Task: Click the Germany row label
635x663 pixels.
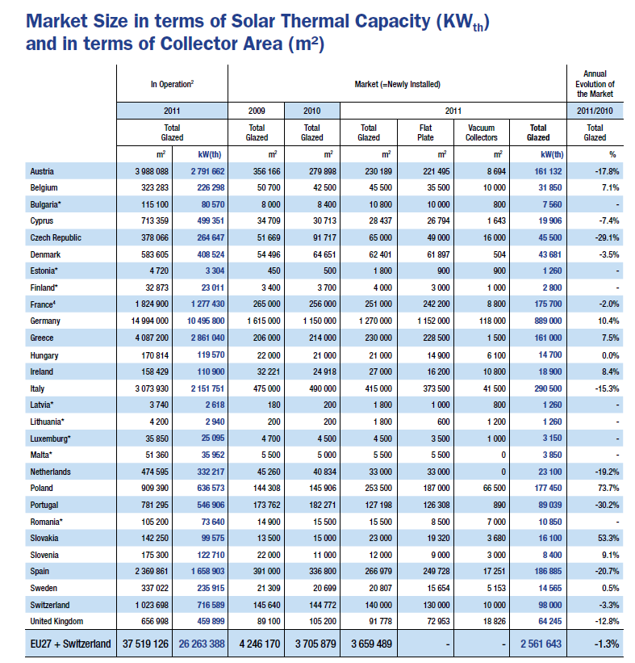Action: pos(45,321)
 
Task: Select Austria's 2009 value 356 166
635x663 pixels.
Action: pos(266,171)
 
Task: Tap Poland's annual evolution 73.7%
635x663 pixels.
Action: pos(608,488)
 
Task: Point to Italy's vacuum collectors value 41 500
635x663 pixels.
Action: pos(495,388)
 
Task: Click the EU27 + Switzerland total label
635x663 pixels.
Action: pos(70,644)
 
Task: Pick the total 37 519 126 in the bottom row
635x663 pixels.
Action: pos(145,644)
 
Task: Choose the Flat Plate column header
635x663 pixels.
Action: pos(425,132)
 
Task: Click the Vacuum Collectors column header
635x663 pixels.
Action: pos(481,132)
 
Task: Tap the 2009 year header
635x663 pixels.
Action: pos(257,111)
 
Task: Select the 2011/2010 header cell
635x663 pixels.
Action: pos(595,111)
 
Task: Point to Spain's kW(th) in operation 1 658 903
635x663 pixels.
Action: pos(207,571)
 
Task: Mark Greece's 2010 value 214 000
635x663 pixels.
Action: pos(323,338)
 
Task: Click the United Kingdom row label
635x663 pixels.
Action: pos(56,621)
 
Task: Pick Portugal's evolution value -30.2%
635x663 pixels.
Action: pos(607,505)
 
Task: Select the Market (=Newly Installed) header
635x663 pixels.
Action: pos(397,84)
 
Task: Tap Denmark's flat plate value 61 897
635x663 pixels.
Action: pos(438,254)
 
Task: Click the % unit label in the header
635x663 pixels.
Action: pos(612,154)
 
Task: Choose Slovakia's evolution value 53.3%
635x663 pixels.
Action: pos(608,538)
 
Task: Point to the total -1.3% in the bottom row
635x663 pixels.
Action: pos(607,644)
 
